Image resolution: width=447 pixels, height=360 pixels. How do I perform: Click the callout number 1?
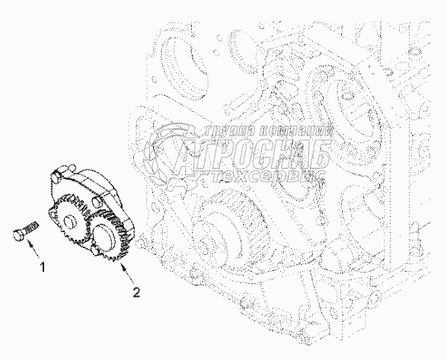[42, 267]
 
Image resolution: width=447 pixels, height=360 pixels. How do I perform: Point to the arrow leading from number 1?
[33, 248]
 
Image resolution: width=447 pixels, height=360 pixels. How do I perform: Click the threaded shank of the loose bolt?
[31, 226]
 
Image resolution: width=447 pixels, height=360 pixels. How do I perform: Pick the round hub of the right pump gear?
[104, 233]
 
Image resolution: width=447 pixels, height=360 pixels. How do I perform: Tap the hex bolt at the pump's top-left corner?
[56, 177]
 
